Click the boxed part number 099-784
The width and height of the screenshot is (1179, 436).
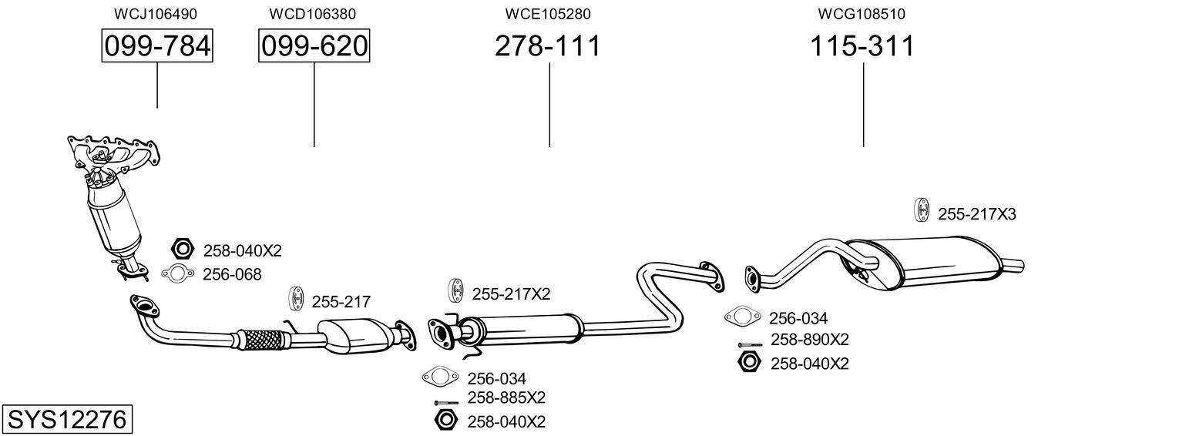(157, 46)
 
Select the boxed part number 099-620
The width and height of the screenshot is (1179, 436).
(314, 46)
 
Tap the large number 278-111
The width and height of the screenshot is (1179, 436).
(547, 46)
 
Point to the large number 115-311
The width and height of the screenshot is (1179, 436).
(862, 46)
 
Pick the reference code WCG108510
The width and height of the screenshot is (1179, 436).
(862, 14)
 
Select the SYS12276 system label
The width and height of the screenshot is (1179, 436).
(66, 420)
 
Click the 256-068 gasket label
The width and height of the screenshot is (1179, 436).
(232, 274)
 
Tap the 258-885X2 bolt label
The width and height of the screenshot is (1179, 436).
(506, 397)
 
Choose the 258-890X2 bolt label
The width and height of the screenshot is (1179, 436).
(809, 340)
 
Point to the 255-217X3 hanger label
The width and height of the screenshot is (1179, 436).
(976, 214)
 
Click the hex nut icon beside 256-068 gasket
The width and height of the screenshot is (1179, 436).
(183, 250)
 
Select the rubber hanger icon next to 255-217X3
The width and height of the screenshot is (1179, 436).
(921, 210)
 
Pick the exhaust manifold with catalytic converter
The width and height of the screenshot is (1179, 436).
(112, 196)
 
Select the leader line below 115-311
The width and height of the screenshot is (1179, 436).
(863, 105)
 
